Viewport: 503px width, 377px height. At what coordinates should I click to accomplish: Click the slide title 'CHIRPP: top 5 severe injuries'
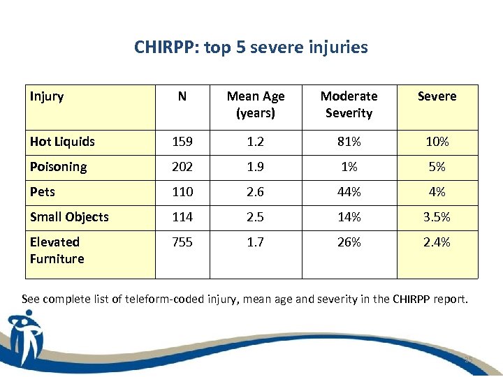tap(251, 47)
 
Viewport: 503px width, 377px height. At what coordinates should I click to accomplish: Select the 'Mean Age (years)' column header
tap(256, 105)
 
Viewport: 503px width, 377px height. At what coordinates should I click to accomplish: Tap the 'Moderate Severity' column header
tap(349, 105)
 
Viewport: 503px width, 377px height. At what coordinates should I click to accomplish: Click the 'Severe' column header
tap(437, 96)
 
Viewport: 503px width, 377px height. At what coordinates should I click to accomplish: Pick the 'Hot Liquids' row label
tap(62, 142)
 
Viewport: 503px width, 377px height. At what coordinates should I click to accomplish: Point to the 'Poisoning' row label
tap(58, 167)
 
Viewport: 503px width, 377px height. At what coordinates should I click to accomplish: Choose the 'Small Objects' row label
tap(69, 217)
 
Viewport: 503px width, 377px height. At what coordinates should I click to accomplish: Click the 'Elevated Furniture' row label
tap(57, 251)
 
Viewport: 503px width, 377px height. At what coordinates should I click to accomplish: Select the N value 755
tap(182, 242)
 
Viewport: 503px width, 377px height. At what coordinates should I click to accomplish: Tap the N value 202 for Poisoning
tap(182, 167)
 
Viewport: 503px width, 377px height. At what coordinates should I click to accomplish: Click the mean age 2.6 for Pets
tap(256, 192)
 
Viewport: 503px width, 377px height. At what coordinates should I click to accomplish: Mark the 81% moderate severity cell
tap(349, 142)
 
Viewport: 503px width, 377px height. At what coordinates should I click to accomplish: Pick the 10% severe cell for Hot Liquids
tap(437, 142)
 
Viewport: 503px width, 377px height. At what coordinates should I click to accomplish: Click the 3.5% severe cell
tap(437, 217)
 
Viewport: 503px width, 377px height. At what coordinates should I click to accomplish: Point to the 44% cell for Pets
tap(349, 192)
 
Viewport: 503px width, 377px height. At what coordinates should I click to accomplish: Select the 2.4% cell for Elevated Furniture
tap(437, 242)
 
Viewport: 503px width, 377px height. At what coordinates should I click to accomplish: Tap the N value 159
tap(182, 142)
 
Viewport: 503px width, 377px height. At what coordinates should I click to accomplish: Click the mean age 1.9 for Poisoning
tap(256, 167)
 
